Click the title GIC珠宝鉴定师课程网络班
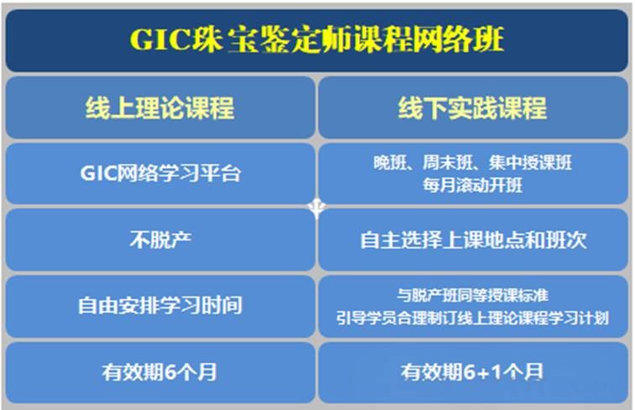tap(317, 39)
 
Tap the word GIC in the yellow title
tap(160, 40)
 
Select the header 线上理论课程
tap(160, 108)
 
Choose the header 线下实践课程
tap(472, 108)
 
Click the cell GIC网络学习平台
tap(160, 173)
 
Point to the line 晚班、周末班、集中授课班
tap(473, 162)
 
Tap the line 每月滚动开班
tap(473, 185)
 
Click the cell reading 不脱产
tap(160, 239)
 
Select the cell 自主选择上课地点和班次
tap(474, 239)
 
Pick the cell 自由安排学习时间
tap(160, 306)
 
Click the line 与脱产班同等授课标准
tap(473, 295)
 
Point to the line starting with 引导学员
tap(473, 318)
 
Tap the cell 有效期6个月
tap(160, 372)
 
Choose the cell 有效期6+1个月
tap(472, 372)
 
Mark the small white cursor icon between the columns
tap(317, 208)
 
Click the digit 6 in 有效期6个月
tap(171, 372)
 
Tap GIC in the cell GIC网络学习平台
tap(98, 173)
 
